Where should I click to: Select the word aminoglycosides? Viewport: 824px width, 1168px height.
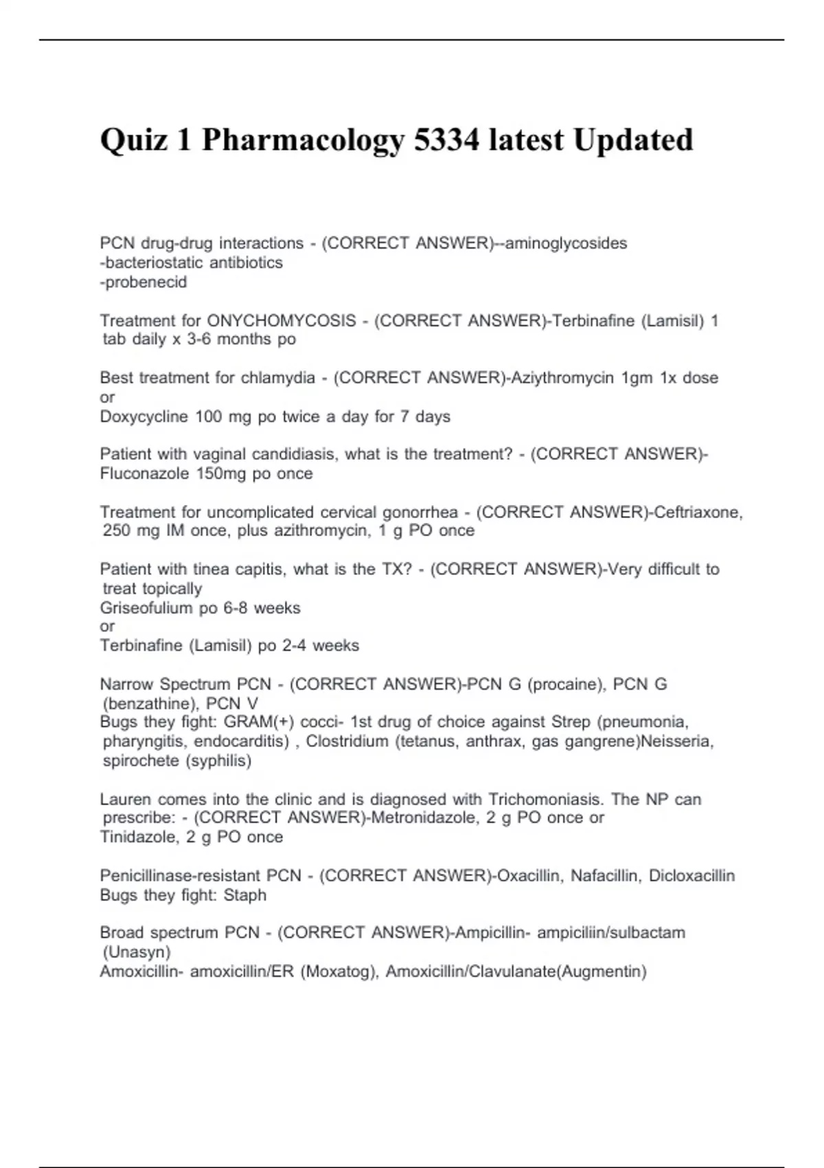(566, 243)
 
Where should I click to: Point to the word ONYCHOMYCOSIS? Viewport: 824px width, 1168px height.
(282, 320)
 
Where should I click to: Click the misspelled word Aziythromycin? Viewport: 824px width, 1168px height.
(562, 378)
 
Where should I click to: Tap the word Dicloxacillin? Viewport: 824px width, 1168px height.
(691, 875)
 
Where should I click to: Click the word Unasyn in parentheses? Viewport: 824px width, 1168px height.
(137, 952)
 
